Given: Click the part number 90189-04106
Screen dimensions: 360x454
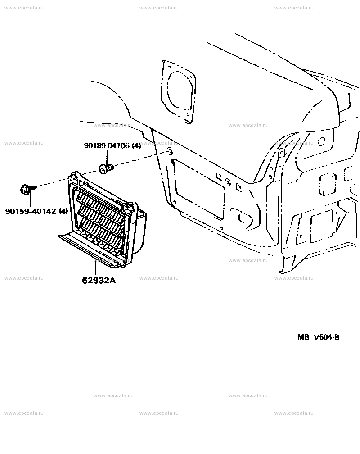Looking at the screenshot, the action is click(x=107, y=145).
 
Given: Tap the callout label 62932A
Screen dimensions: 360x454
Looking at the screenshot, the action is click(x=99, y=281).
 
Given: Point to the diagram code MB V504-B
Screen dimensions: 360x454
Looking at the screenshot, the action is click(x=318, y=337).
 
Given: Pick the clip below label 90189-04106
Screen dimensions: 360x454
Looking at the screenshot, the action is click(x=106, y=168).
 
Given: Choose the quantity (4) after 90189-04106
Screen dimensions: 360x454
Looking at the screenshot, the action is click(x=136, y=145).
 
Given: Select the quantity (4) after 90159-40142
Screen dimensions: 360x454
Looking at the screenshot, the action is click(x=63, y=211).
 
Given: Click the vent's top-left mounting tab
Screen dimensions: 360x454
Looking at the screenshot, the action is click(x=73, y=177).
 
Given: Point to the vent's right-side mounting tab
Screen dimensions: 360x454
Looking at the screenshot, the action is click(x=130, y=206).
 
